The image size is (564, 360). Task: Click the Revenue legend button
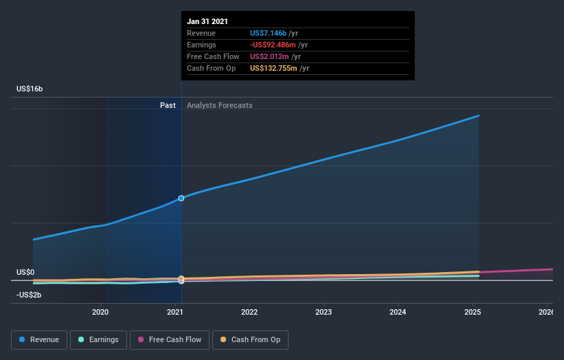[x=39, y=339]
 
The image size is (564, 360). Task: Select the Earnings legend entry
[x=98, y=339]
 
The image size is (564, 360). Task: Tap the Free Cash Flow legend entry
[x=169, y=339]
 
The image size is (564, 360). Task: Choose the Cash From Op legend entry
[x=250, y=339]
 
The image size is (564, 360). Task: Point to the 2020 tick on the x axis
[x=100, y=312]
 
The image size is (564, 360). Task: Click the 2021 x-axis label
[x=174, y=312]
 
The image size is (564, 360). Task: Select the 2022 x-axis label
[x=249, y=312]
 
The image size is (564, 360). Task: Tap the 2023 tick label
[x=324, y=312]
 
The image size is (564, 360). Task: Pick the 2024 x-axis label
[x=398, y=312]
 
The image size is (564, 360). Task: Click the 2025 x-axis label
[x=472, y=312]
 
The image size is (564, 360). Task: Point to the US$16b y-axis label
[x=30, y=89]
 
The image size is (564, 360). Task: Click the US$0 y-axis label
[x=25, y=273]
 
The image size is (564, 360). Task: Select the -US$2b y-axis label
[x=29, y=295]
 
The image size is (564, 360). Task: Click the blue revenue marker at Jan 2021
[x=181, y=198]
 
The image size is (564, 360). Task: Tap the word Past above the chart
[x=168, y=105]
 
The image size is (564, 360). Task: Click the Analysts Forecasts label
[x=219, y=105]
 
